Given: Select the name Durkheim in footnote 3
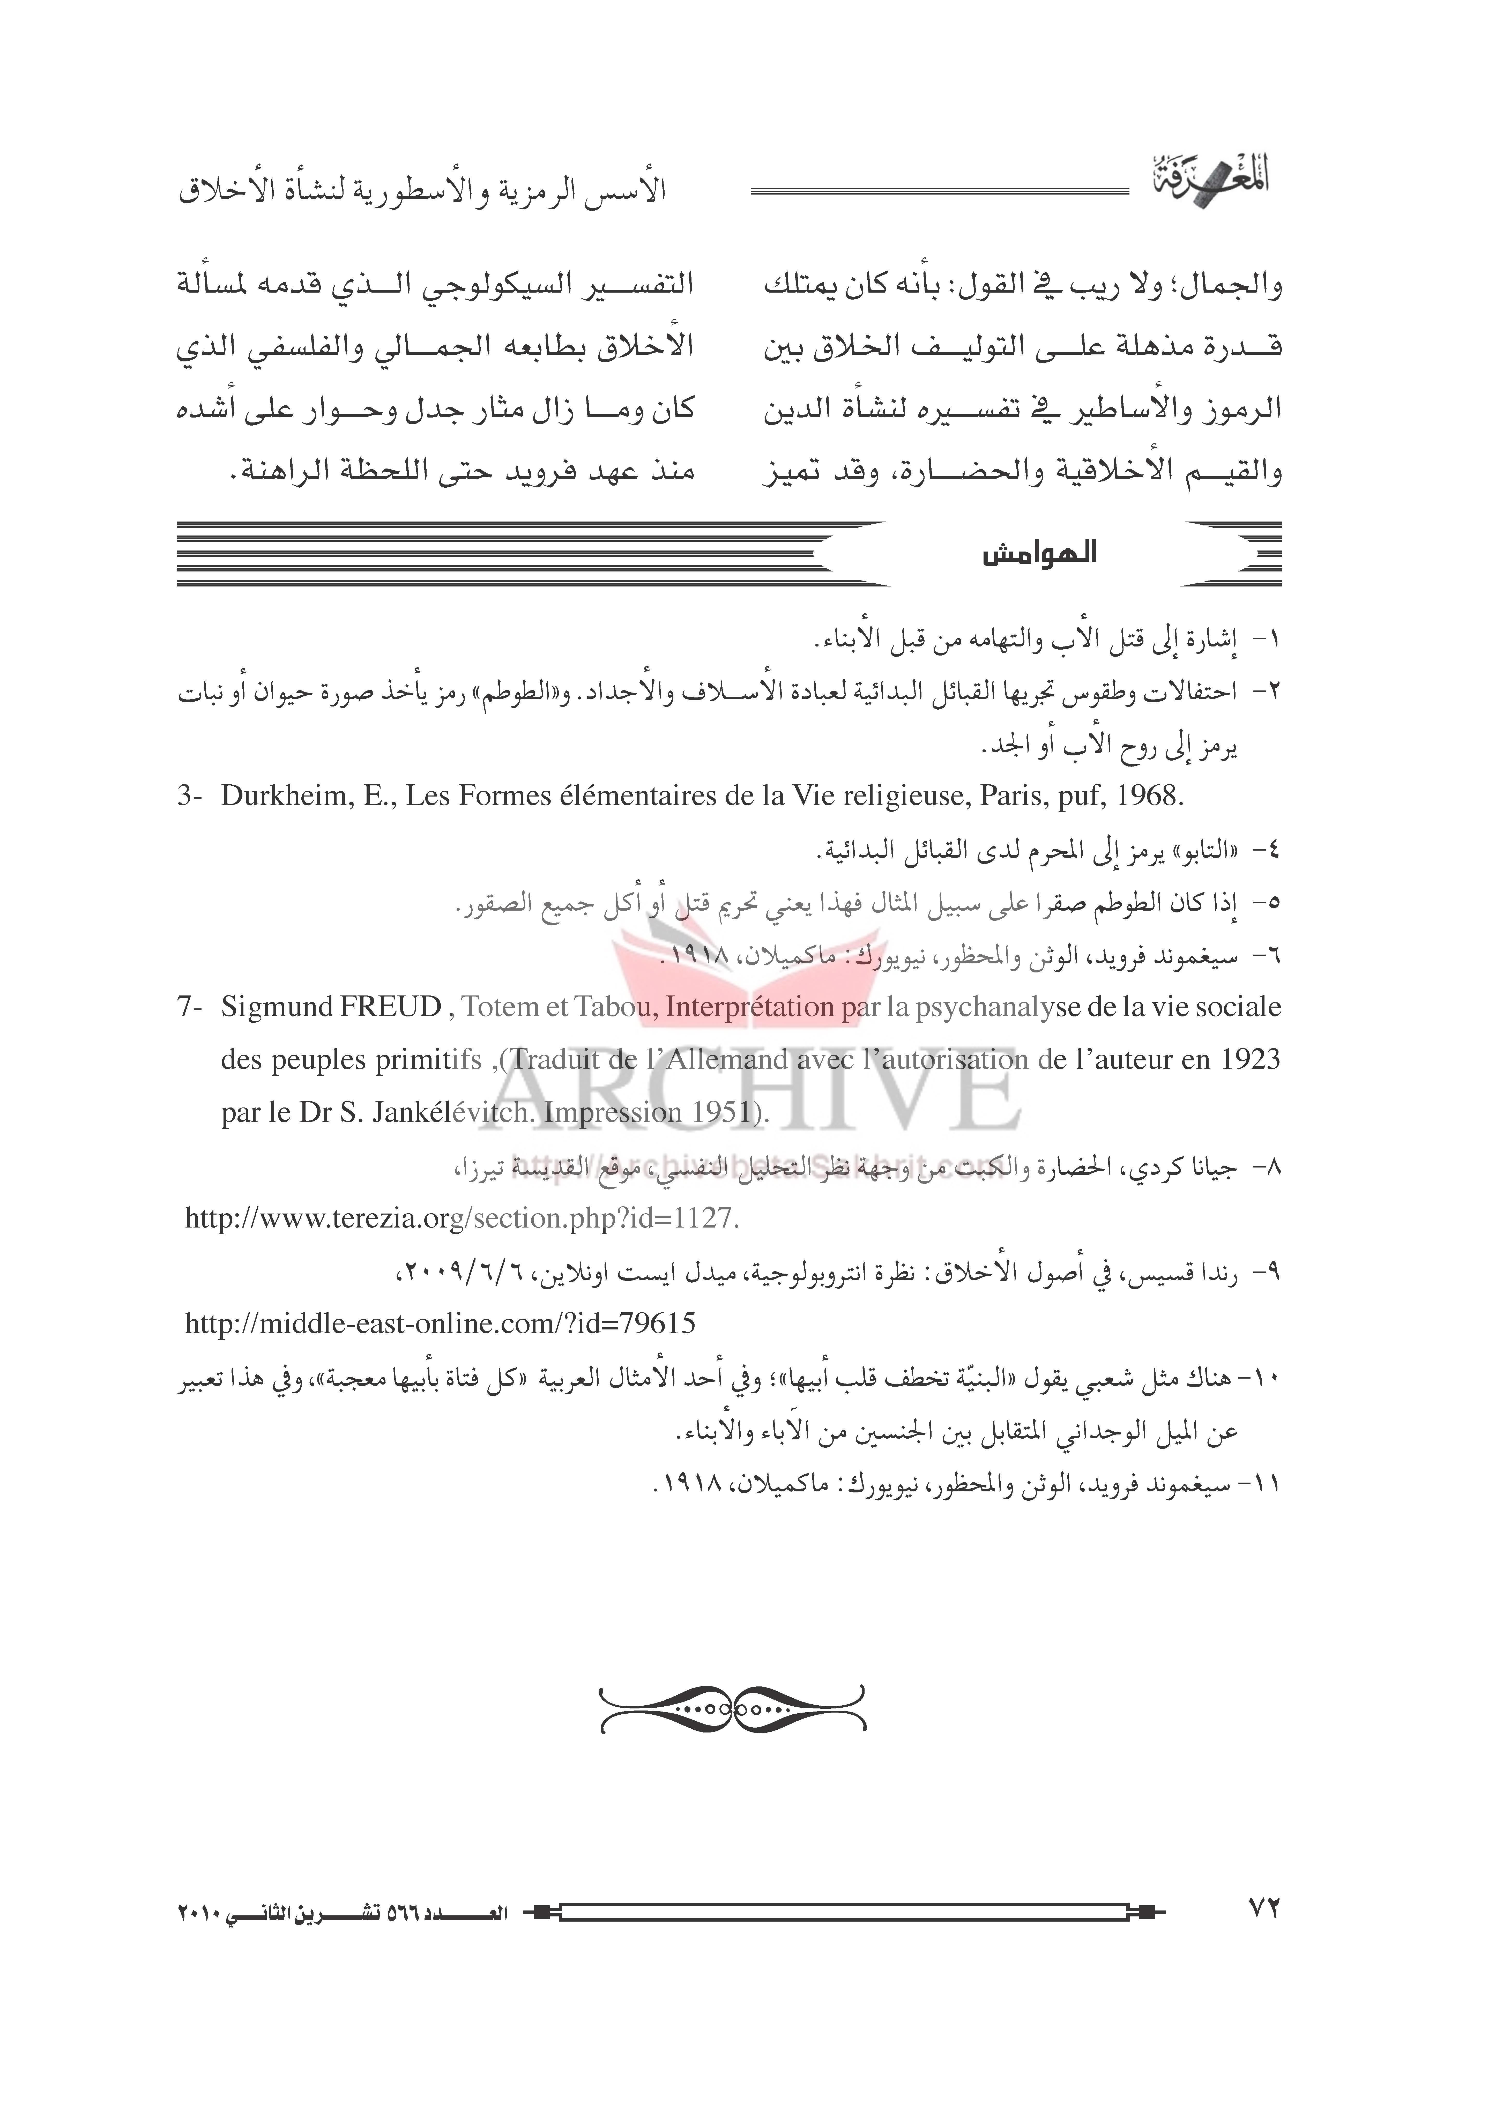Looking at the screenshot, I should point(284,796).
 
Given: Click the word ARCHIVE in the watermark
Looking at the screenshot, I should point(750,1092).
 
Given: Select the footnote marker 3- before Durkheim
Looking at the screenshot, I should point(190,796).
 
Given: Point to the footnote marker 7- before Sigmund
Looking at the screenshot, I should point(190,1007).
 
